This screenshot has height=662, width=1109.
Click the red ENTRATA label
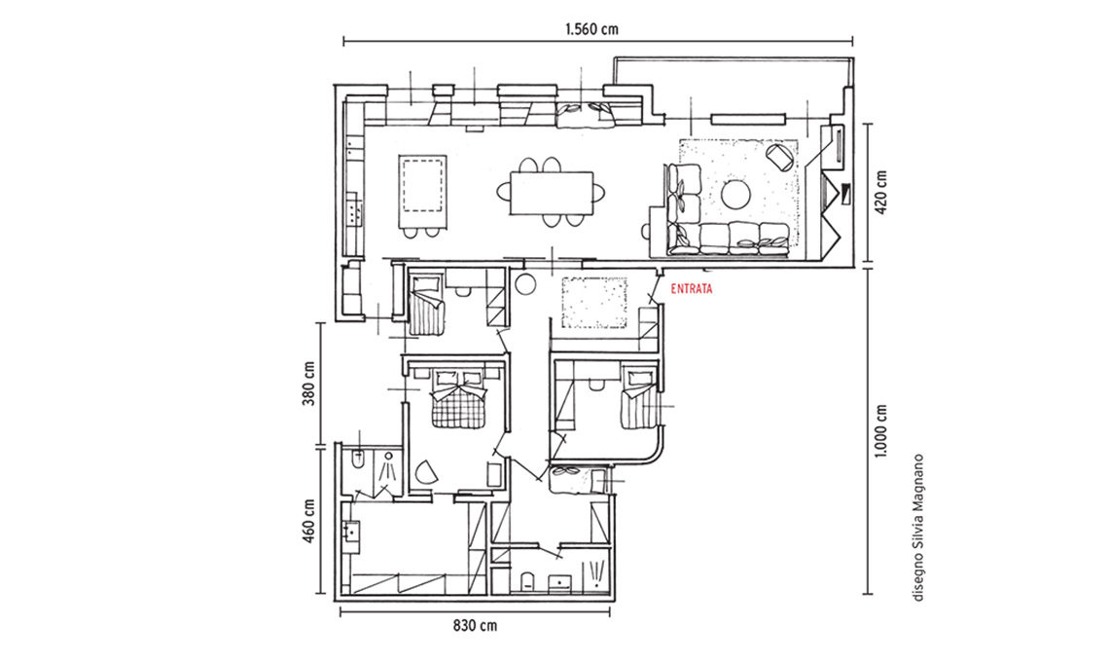(691, 289)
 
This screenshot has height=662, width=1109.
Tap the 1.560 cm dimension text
(591, 29)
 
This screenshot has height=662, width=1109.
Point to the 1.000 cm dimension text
(880, 431)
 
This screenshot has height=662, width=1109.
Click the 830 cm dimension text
(475, 626)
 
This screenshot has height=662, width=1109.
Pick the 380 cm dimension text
(309, 383)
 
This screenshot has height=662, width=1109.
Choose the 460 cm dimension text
(309, 522)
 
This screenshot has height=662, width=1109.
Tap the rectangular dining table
(551, 192)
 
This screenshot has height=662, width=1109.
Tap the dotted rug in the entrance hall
(594, 303)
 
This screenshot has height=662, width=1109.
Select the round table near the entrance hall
(526, 285)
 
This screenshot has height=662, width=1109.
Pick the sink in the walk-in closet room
(351, 531)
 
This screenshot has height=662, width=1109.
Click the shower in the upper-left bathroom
(388, 466)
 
